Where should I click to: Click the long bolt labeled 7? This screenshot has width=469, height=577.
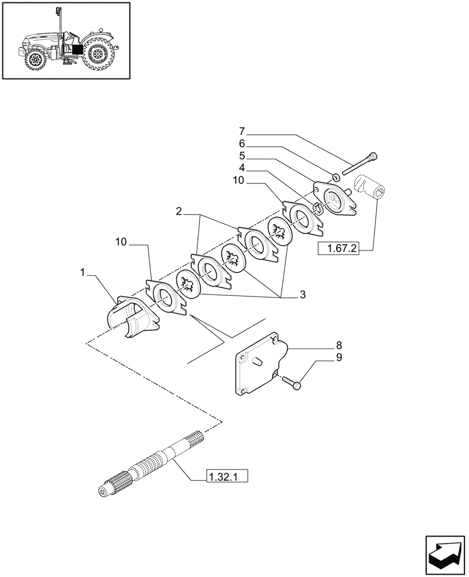[x=360, y=164]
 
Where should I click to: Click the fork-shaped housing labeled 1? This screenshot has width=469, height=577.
[x=130, y=319]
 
